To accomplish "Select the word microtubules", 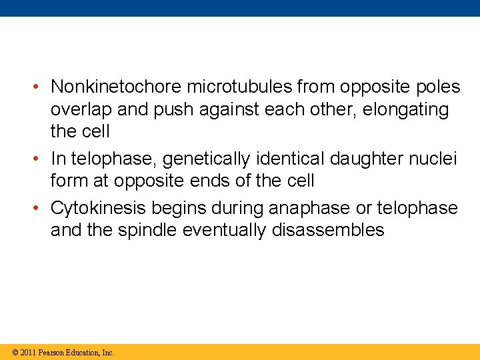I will tap(239, 87).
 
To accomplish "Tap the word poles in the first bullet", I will tap(436, 87).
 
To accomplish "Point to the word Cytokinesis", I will tap(99, 208).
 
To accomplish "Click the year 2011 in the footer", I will tap(28, 352).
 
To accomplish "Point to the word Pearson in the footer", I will tap(52, 352).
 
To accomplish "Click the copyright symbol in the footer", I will tap(15, 352).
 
